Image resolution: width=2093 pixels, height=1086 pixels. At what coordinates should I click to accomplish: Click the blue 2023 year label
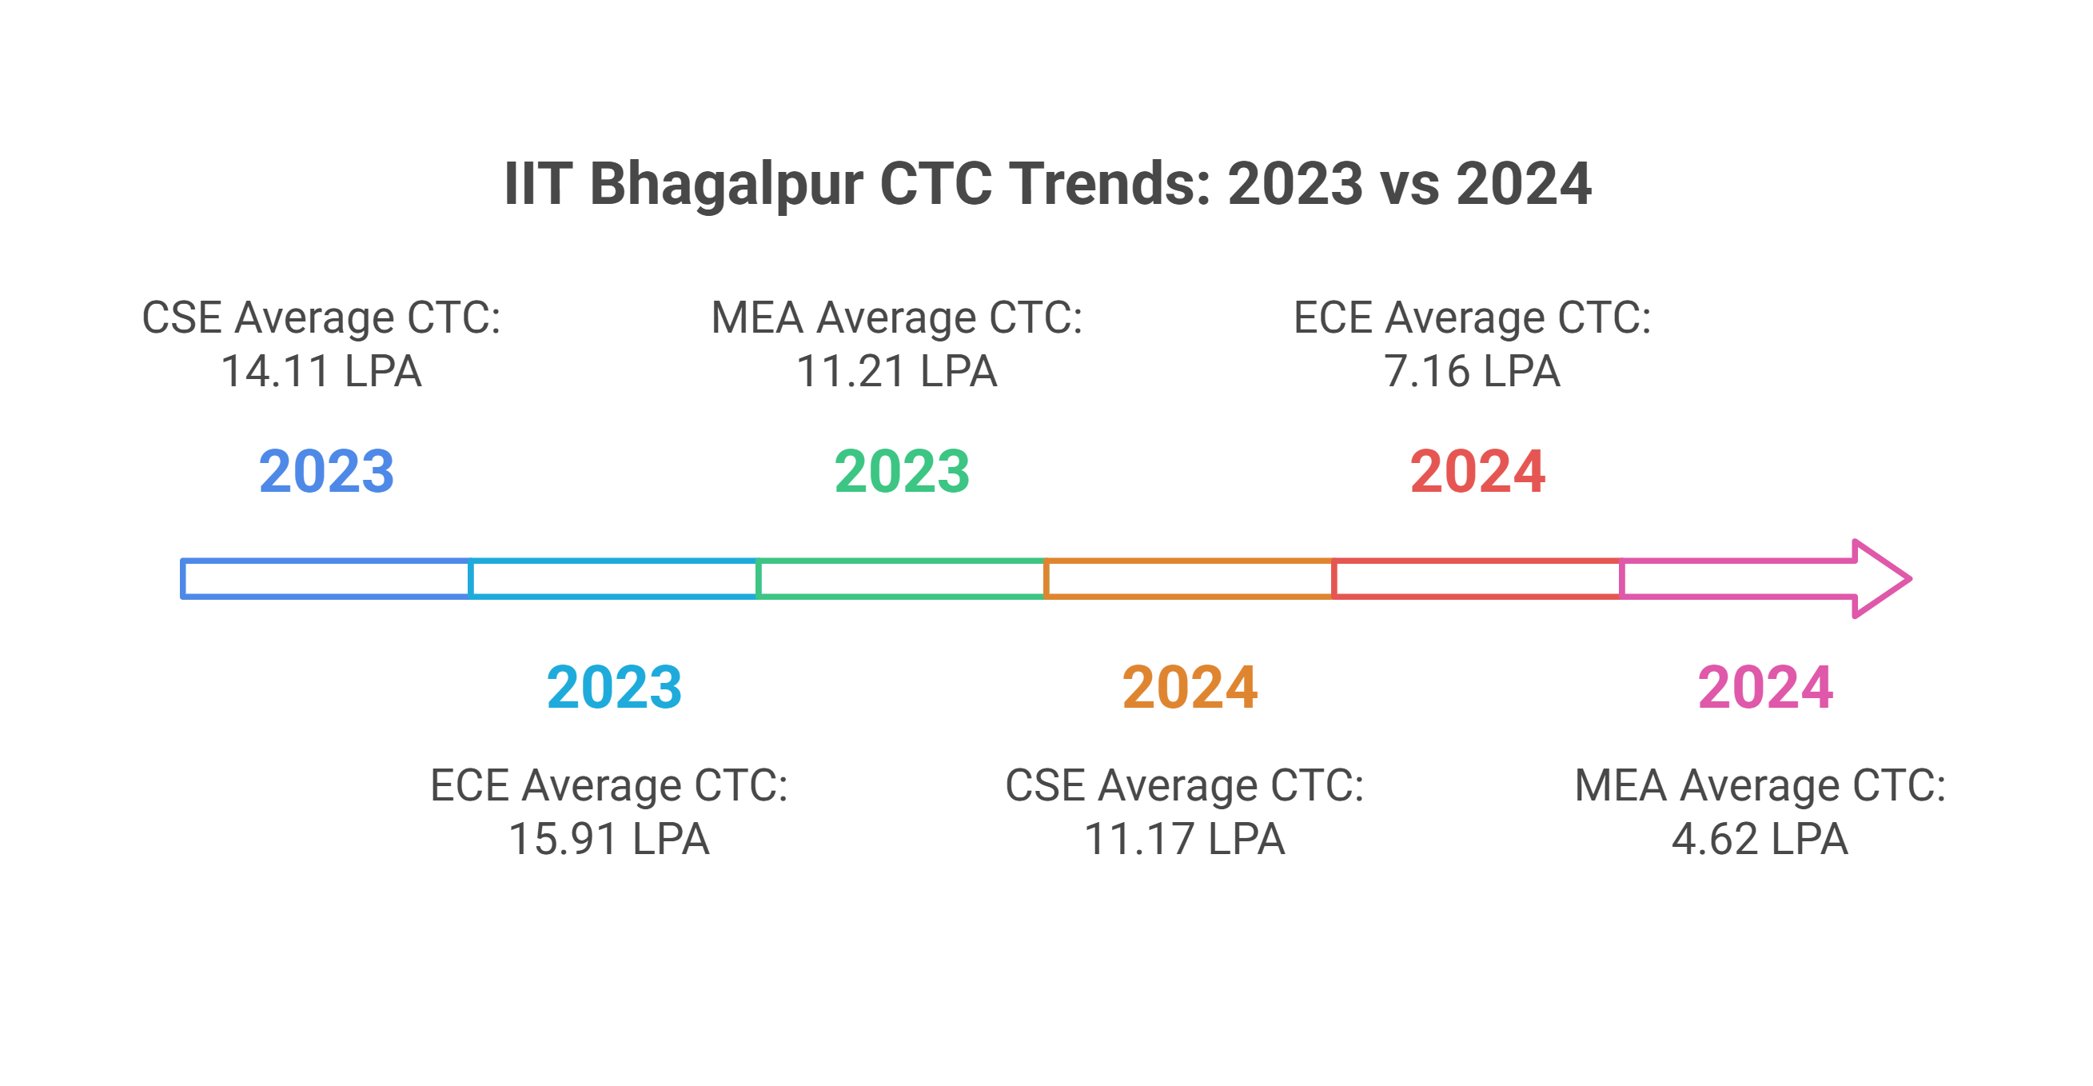(327, 472)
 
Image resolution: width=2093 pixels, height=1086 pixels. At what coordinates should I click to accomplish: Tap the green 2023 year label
(902, 472)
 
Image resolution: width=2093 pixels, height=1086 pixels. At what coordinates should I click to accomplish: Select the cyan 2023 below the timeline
(614, 688)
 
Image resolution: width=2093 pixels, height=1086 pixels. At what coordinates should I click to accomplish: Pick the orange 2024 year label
(1190, 688)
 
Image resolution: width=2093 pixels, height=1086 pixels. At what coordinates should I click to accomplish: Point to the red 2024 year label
(1477, 472)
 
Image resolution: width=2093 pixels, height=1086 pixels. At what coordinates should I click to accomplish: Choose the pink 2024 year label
(1764, 688)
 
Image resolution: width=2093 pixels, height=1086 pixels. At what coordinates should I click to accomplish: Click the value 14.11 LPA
(321, 372)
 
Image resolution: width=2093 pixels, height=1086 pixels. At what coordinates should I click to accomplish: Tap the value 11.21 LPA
(896, 372)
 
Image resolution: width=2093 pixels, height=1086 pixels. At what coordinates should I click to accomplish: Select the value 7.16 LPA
(1472, 372)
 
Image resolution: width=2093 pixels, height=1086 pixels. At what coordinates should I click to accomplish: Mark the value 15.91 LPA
(608, 839)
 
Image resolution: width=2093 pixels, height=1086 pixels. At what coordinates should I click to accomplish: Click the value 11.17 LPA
(1184, 839)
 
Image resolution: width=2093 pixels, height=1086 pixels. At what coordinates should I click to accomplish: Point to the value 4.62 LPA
(1760, 839)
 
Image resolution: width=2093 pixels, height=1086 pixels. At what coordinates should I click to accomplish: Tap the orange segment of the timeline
(1190, 579)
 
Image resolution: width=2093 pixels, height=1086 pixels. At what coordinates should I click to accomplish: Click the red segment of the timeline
(1477, 579)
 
